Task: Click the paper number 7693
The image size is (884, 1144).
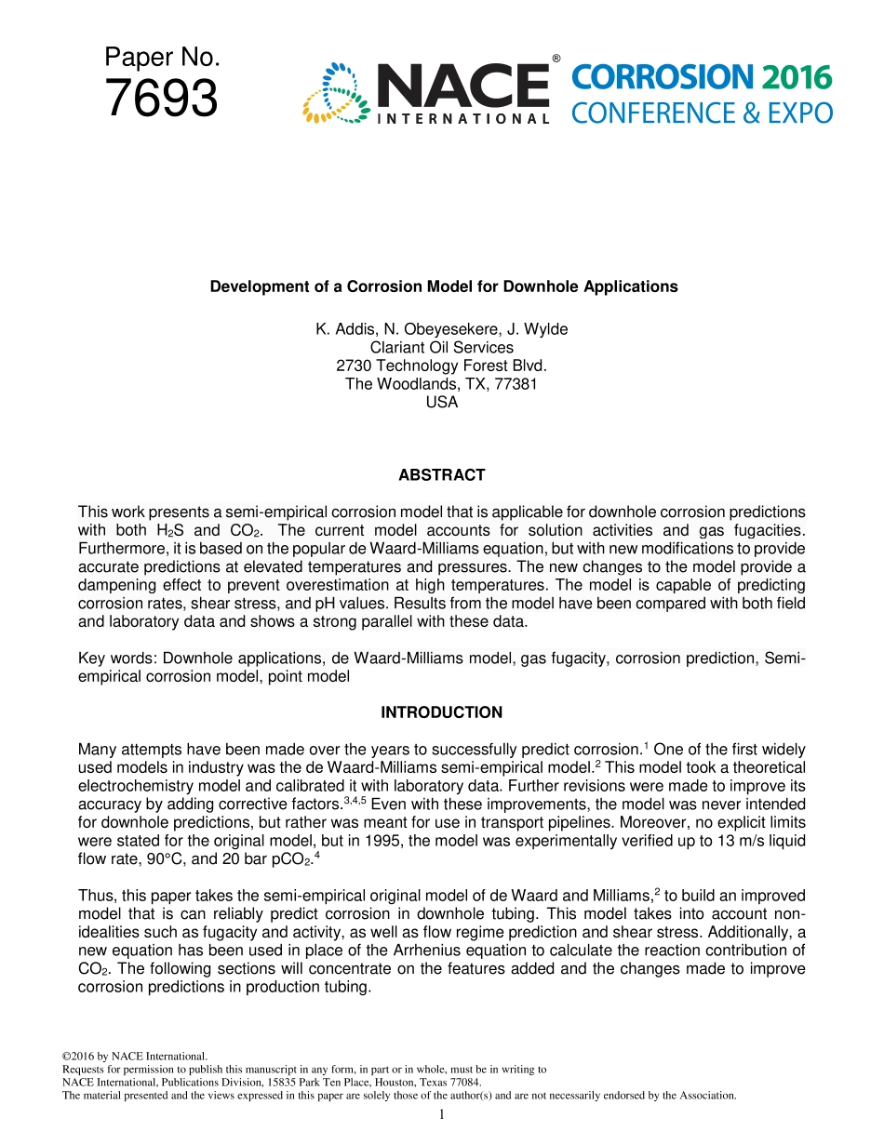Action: coord(162,99)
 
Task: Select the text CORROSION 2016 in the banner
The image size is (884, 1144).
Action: coord(701,77)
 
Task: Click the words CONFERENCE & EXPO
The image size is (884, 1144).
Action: coord(701,113)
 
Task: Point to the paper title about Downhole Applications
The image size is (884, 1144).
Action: coord(443,286)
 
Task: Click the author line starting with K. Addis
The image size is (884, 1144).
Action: coord(442,329)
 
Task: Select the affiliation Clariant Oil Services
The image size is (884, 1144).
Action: coord(442,348)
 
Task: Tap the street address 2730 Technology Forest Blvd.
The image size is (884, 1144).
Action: coord(442,366)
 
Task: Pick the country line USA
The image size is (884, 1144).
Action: coord(442,403)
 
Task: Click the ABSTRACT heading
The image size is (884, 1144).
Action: coord(442,475)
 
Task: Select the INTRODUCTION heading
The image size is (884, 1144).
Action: coord(442,712)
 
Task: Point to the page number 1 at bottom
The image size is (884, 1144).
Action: coord(442,1114)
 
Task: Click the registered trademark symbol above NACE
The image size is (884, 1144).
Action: coord(556,59)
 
